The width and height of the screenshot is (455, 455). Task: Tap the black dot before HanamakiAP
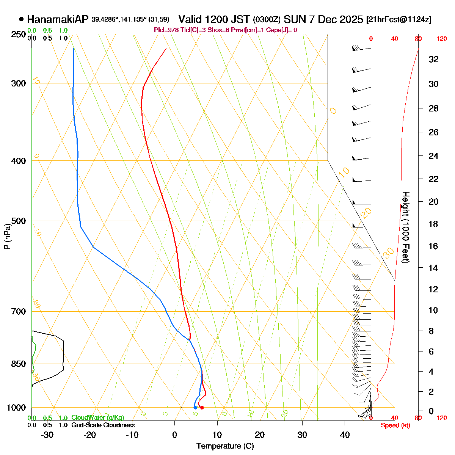(x=21, y=19)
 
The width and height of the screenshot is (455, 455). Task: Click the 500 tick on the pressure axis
(x=19, y=221)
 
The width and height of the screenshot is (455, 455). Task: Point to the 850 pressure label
(x=19, y=364)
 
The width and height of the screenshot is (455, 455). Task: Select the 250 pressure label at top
(x=19, y=35)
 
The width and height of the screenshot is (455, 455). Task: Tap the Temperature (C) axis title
(x=225, y=446)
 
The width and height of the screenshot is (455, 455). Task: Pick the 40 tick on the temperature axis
(x=345, y=435)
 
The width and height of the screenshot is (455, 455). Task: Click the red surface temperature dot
(x=202, y=408)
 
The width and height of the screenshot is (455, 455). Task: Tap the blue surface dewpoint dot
(x=195, y=408)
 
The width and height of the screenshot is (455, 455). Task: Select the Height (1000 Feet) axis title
(x=405, y=227)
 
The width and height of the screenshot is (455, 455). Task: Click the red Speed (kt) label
(x=395, y=425)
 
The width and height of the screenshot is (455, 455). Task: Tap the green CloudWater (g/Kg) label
(x=97, y=418)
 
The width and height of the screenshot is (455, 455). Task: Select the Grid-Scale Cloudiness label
(x=103, y=425)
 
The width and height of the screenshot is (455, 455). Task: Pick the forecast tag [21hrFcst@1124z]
(x=399, y=20)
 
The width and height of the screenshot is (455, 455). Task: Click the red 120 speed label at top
(x=441, y=39)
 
